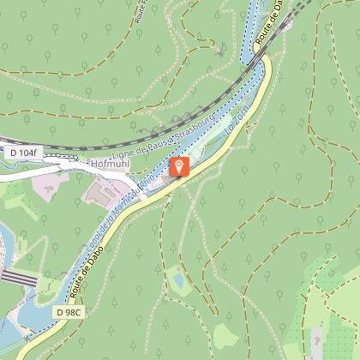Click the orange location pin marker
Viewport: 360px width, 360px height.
(x=180, y=165)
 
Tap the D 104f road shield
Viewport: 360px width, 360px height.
(x=24, y=153)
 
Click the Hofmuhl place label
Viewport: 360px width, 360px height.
(x=109, y=160)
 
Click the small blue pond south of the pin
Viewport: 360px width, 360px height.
(x=177, y=279)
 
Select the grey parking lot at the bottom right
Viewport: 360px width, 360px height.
(x=316, y=340)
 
